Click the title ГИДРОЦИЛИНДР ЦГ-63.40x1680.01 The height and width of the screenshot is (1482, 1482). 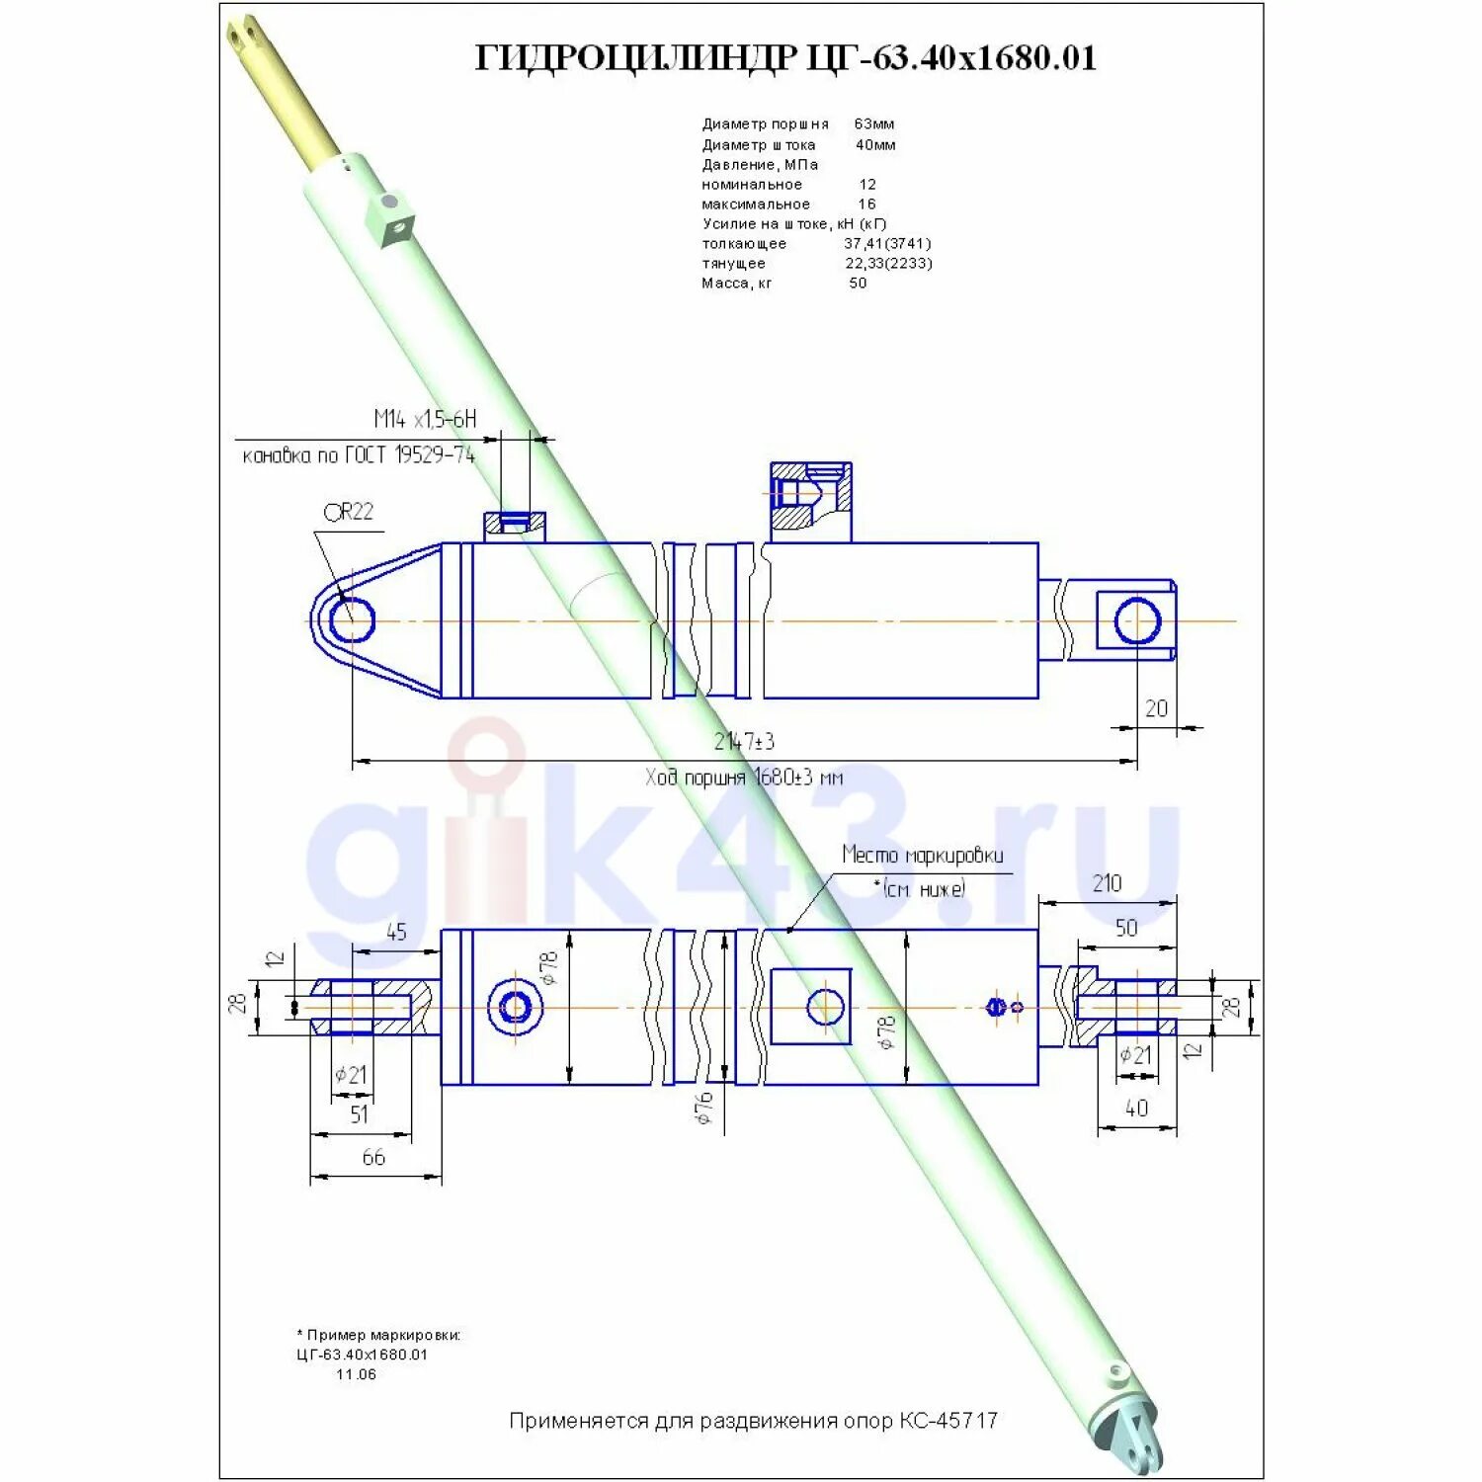pyautogui.click(x=785, y=57)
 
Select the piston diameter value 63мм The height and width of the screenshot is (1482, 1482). pyautogui.click(x=874, y=124)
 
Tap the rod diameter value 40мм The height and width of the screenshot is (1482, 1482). pyautogui.click(x=875, y=145)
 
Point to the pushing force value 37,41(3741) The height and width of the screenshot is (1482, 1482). pyautogui.click(x=887, y=244)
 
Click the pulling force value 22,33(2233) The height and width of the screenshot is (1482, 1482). pyautogui.click(x=888, y=264)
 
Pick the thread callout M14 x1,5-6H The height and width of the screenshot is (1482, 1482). pyautogui.click(x=425, y=419)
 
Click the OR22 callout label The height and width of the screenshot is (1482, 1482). pyautogui.click(x=349, y=512)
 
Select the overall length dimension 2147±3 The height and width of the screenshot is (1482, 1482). pyautogui.click(x=744, y=741)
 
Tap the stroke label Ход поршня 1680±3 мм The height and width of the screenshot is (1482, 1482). pyautogui.click(x=744, y=778)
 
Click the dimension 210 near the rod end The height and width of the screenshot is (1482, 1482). pyautogui.click(x=1107, y=883)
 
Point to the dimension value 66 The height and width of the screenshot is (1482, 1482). pyautogui.click(x=373, y=1157)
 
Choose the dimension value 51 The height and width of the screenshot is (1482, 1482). pyautogui.click(x=359, y=1114)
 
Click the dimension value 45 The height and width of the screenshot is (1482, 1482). pyautogui.click(x=396, y=933)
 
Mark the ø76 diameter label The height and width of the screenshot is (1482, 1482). pyautogui.click(x=704, y=1109)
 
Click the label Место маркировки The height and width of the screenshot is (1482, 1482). pyautogui.click(x=922, y=855)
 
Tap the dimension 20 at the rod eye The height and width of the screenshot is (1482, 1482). pyautogui.click(x=1156, y=708)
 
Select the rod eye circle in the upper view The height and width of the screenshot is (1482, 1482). pyautogui.click(x=1137, y=621)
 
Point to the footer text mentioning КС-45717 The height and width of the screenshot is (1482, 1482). pyautogui.click(x=753, y=1421)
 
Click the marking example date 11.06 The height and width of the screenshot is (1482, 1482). pyautogui.click(x=356, y=1374)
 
